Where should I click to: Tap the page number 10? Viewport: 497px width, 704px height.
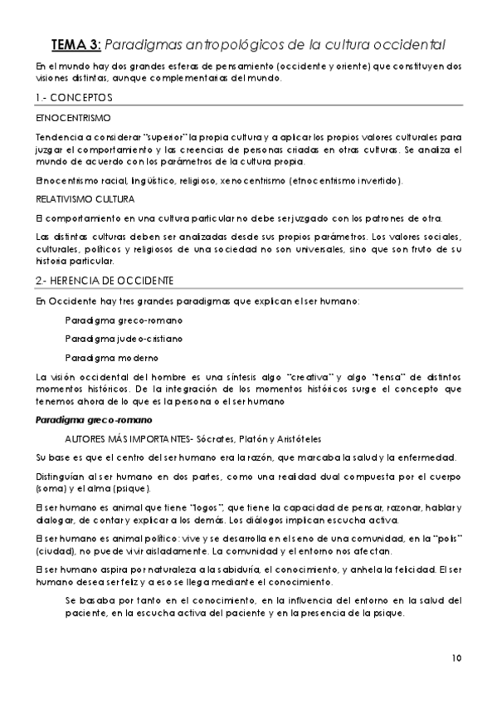(457, 658)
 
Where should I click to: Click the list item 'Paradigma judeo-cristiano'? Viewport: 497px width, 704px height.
(124, 339)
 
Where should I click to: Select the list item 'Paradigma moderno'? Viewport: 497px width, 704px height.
(110, 358)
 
